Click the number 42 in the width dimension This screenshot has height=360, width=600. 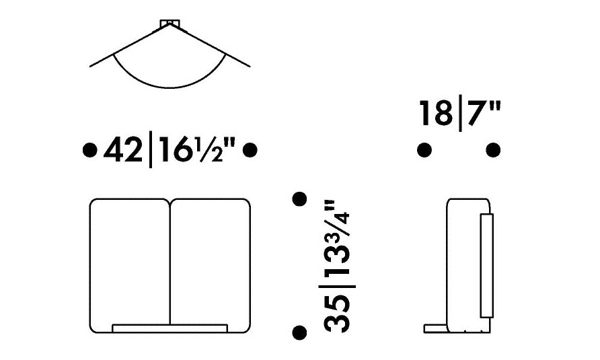[122, 151]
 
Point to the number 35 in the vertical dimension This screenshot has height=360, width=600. [337, 314]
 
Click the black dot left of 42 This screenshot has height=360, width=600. [89, 150]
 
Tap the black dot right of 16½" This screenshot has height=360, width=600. [250, 150]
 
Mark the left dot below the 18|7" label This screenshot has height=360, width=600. [424, 150]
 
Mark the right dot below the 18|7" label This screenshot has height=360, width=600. [493, 150]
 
